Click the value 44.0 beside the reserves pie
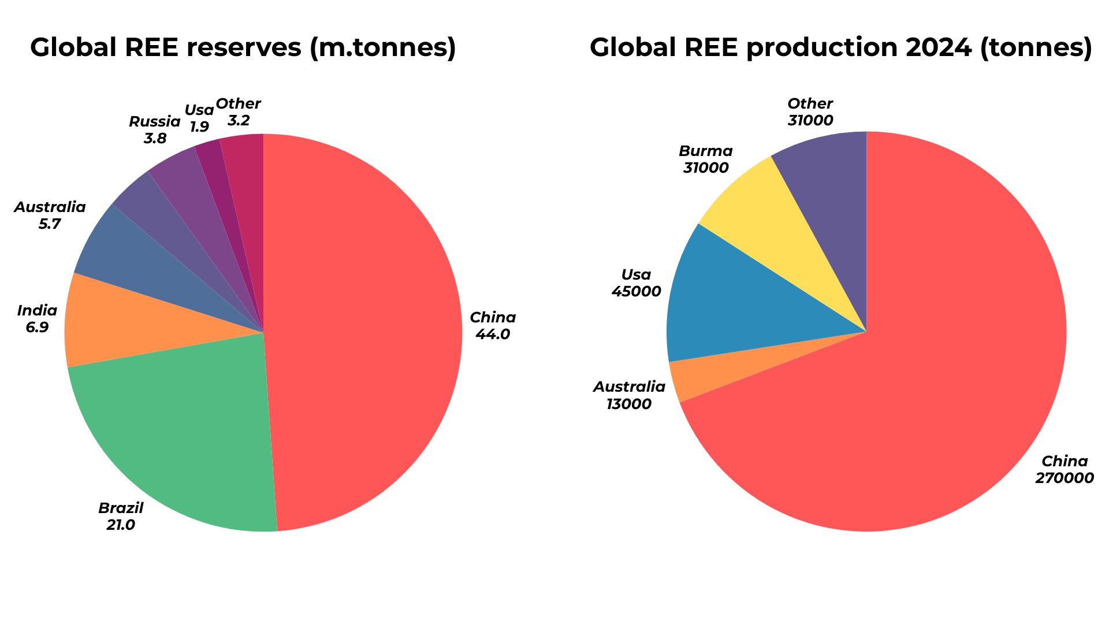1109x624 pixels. point(493,335)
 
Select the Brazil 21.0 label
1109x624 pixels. point(121,517)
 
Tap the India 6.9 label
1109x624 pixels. point(38,319)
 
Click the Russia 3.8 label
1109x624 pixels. point(155,130)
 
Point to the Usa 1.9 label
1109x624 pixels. point(199,118)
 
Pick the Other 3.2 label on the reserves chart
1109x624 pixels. point(238,112)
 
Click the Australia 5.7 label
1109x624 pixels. point(50,215)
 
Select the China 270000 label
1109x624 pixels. point(1065,470)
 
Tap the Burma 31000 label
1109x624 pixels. point(706,159)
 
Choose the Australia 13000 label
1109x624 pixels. point(629,395)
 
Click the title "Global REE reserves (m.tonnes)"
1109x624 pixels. point(243,47)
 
